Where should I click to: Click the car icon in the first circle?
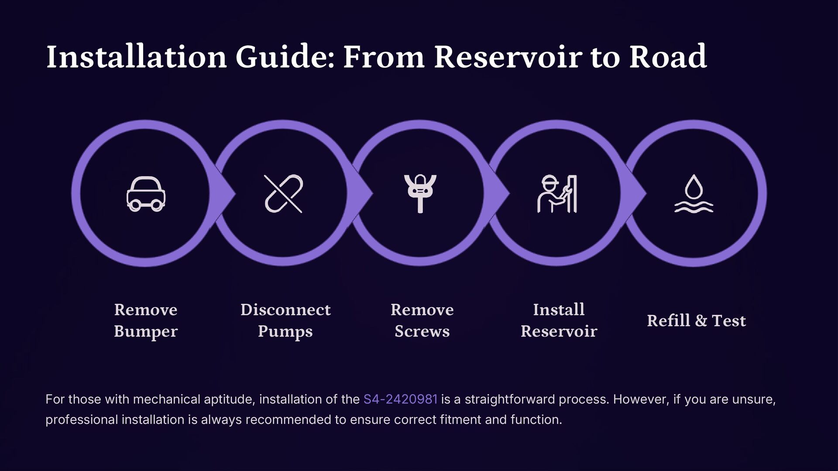coord(146,194)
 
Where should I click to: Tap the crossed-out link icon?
coord(283,194)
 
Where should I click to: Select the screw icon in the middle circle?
coord(420,194)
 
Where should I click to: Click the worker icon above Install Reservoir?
coord(557,194)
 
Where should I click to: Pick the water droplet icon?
coord(694,194)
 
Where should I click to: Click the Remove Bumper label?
coord(146,320)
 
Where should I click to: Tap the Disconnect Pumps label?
coord(285,320)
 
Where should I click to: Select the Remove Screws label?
coord(422,320)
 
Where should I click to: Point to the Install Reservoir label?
coord(559,320)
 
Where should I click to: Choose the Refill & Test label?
coord(696,321)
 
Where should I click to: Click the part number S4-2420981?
coord(400,399)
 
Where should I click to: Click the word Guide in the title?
coord(285,57)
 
